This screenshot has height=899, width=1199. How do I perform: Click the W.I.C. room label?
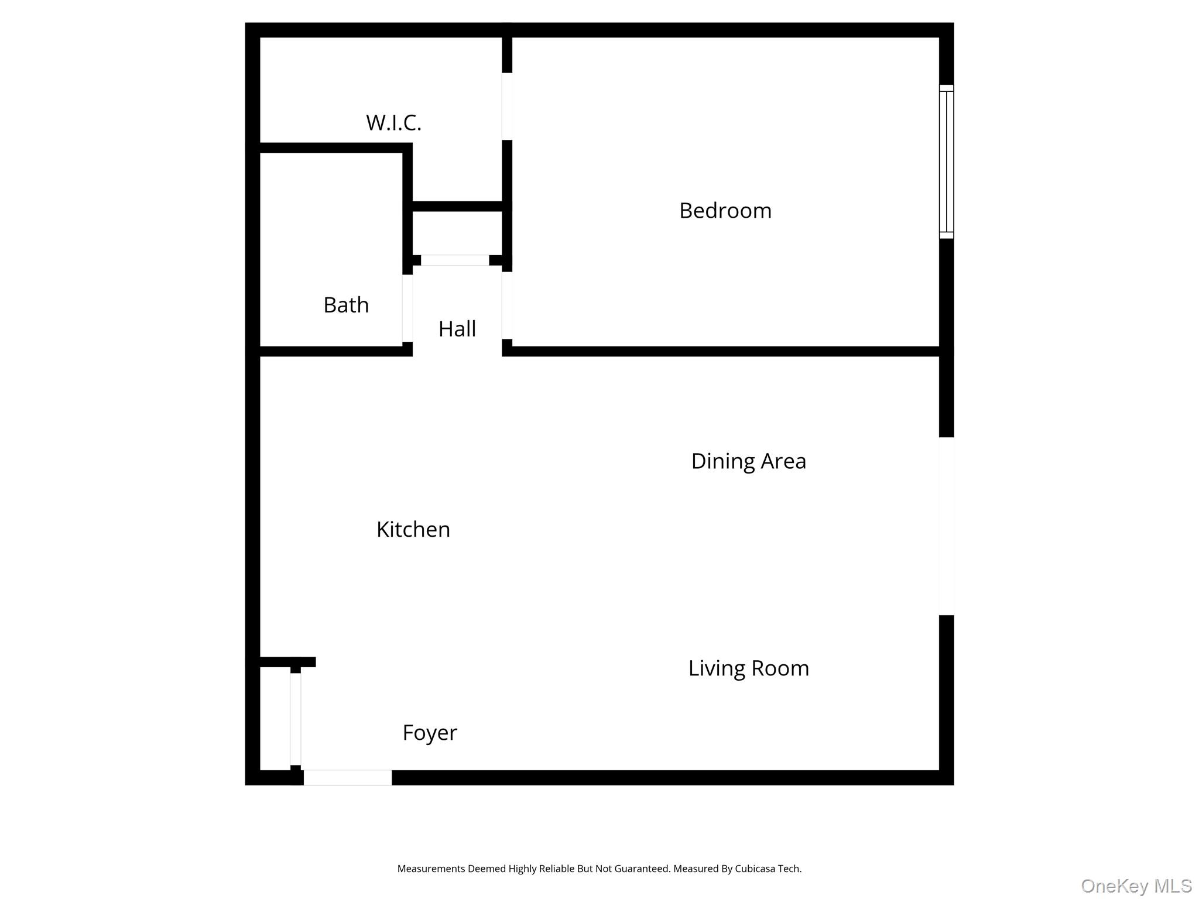pos(393,123)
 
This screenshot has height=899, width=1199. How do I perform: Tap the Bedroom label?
pos(725,211)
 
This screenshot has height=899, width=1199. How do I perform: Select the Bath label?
pos(346,305)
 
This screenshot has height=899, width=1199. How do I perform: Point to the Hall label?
pos(457,329)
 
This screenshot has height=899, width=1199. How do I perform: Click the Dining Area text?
pos(748,461)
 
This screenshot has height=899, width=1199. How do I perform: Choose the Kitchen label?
pos(413,530)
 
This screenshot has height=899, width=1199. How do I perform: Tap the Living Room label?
pos(748,668)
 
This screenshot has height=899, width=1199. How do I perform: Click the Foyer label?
pos(429,733)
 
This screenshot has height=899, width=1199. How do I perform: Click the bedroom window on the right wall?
pos(946,162)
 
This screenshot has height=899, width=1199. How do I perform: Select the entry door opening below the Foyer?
pos(347,777)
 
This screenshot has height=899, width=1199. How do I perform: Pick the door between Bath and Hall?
pos(407,308)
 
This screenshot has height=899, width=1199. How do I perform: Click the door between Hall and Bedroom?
pos(507,305)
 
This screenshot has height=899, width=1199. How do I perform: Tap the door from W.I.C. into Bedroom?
pos(507,106)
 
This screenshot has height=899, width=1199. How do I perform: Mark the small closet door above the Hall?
pos(455,260)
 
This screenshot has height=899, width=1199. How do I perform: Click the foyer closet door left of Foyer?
pos(296,719)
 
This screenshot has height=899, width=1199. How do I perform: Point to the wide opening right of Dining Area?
pos(946,526)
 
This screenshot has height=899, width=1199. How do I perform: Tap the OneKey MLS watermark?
pos(1136,886)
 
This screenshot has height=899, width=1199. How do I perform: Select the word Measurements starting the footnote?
pos(431,869)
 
